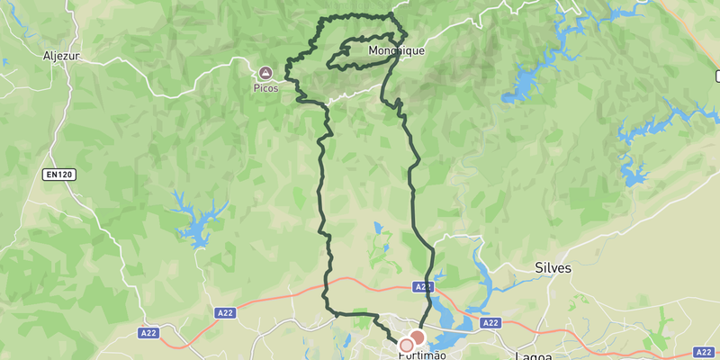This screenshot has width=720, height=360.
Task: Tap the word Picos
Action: [265, 88]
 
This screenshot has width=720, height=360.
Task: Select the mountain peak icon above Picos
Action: [265, 72]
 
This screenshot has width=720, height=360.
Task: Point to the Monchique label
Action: [396, 51]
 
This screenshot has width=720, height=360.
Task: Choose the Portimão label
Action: [422, 355]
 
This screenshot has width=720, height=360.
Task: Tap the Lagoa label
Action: [533, 356]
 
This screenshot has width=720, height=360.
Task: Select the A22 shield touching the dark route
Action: [424, 286]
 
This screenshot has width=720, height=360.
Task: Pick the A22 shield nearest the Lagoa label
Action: [490, 322]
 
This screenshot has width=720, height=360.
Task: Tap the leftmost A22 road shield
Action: [149, 333]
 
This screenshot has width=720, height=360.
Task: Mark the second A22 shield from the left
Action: [226, 312]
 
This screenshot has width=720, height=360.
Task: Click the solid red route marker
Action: [417, 336]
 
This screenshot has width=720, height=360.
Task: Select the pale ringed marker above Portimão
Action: [406, 345]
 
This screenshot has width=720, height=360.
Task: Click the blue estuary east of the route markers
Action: [445, 319]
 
